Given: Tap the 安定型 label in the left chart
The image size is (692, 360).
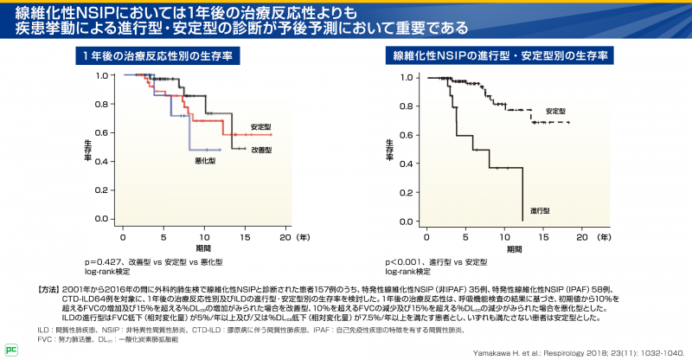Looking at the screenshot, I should click(261, 126).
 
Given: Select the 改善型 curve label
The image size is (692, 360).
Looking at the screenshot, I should click(261, 150).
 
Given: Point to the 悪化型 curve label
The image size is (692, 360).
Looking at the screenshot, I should click(205, 161).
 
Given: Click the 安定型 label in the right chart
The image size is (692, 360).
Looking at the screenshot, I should click(555, 112).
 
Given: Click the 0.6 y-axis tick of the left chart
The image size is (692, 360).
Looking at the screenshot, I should click(101, 134).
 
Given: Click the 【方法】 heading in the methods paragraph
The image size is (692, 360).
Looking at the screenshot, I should click(49, 287).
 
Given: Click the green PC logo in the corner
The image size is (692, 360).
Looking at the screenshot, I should click(11, 350).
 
